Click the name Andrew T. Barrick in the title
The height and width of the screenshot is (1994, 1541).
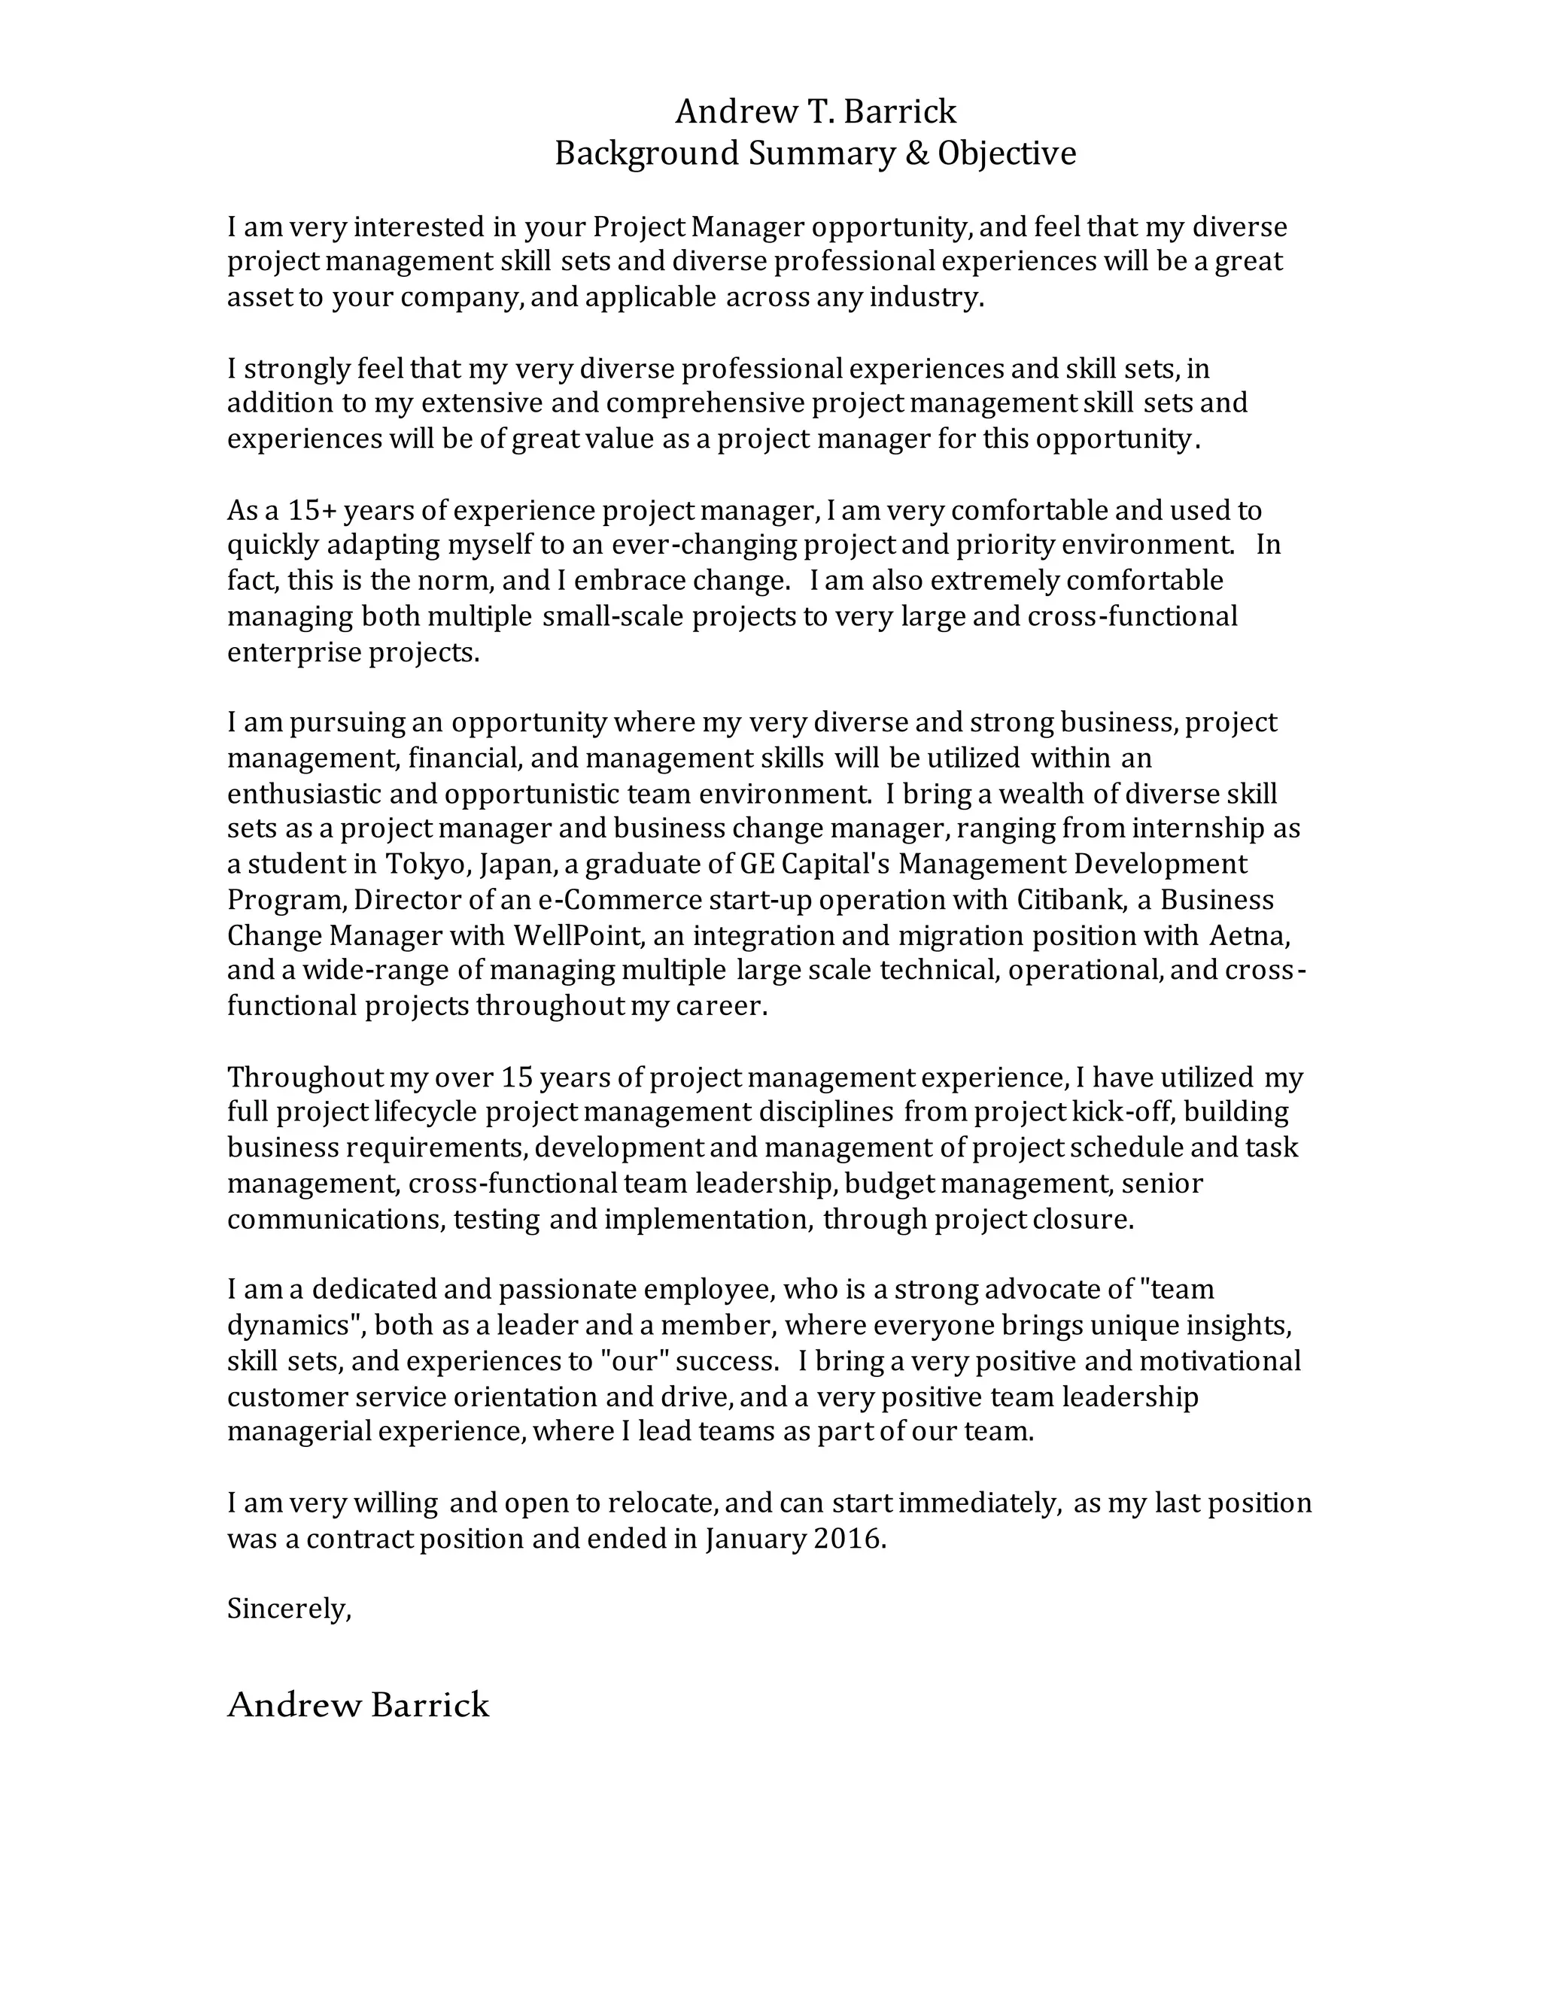(815, 111)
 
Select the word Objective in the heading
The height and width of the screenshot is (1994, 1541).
(1007, 154)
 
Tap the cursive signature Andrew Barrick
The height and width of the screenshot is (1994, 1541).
(358, 1704)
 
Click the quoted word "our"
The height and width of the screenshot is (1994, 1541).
(634, 1360)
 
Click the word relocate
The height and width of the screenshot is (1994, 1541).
(664, 1503)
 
